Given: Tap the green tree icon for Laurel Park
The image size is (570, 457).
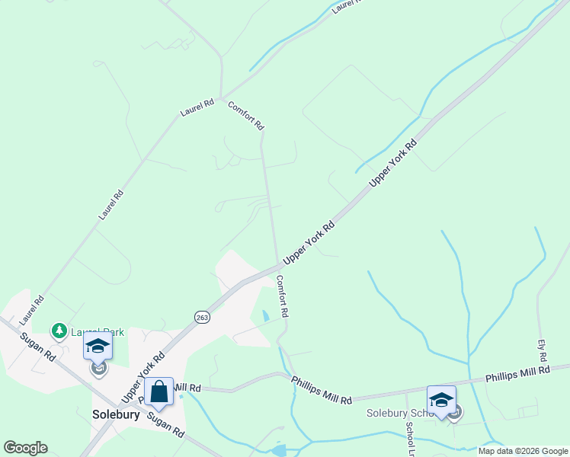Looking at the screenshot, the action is pos(59,331).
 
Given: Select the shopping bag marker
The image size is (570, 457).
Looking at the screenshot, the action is pos(159,391).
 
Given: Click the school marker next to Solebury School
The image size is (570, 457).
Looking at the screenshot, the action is pos(441,400).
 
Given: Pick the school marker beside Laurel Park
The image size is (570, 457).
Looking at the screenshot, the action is pos(98,347).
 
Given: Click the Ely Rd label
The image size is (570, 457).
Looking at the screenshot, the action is pos(543,351).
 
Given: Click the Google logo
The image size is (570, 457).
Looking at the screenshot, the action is pos(25,447).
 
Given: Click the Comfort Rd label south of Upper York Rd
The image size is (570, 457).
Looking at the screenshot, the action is pos(282,296).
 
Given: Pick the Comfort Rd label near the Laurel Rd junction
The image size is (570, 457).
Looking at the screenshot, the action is pos(245,114).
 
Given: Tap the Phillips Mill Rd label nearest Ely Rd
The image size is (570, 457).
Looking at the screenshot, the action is pos(517,374).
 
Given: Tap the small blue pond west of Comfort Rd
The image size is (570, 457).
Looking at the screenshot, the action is pos(265,315).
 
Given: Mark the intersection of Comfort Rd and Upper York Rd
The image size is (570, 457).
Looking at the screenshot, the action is pos(277,267).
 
